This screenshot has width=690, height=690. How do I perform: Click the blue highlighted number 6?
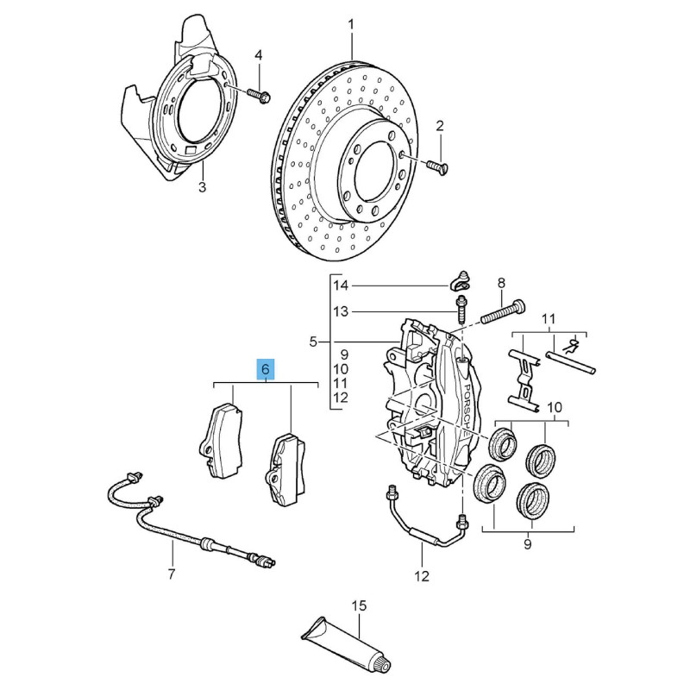(x=266, y=369)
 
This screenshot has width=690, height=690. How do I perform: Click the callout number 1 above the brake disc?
(x=351, y=25)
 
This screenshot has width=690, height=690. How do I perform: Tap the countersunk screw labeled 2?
(x=437, y=166)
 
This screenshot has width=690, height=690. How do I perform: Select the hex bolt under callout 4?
(x=260, y=96)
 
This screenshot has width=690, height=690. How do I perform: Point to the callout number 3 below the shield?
(x=202, y=187)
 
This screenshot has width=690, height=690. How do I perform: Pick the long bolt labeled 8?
(x=502, y=312)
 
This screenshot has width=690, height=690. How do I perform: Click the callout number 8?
(x=502, y=284)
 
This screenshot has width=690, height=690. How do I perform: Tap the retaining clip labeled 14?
(x=460, y=282)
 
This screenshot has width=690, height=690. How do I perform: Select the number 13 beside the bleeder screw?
(x=341, y=312)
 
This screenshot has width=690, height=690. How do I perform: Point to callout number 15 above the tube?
(x=359, y=605)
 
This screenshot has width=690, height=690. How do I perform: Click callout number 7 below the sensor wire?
(x=172, y=574)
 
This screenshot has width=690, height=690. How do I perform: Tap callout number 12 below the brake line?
(x=422, y=575)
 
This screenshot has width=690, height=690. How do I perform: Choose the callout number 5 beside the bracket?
(x=313, y=342)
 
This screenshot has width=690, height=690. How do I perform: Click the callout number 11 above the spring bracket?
(x=549, y=318)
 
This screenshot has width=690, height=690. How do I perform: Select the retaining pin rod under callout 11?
(x=571, y=361)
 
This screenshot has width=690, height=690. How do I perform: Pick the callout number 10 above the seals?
(x=555, y=407)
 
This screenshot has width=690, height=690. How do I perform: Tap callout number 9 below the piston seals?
(x=528, y=544)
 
